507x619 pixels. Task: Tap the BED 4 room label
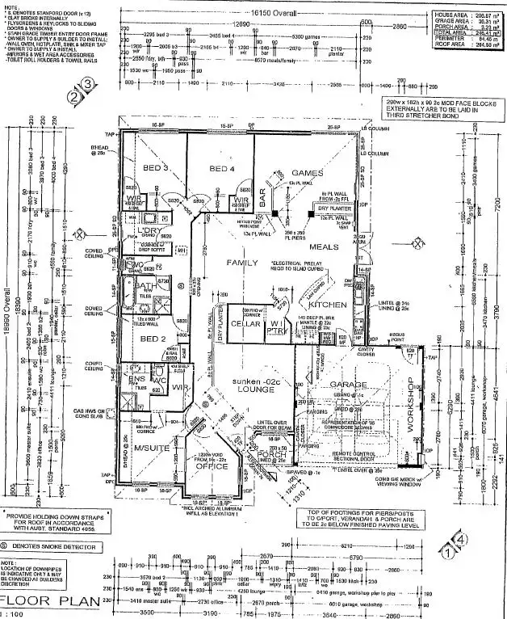(x=221, y=168)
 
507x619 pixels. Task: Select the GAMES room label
(x=307, y=173)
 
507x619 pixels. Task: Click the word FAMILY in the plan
(x=241, y=263)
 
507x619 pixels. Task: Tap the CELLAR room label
(x=245, y=323)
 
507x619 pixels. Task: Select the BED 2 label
(x=152, y=339)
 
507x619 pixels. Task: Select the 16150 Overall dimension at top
(x=276, y=14)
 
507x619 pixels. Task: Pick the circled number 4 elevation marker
(x=460, y=537)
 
